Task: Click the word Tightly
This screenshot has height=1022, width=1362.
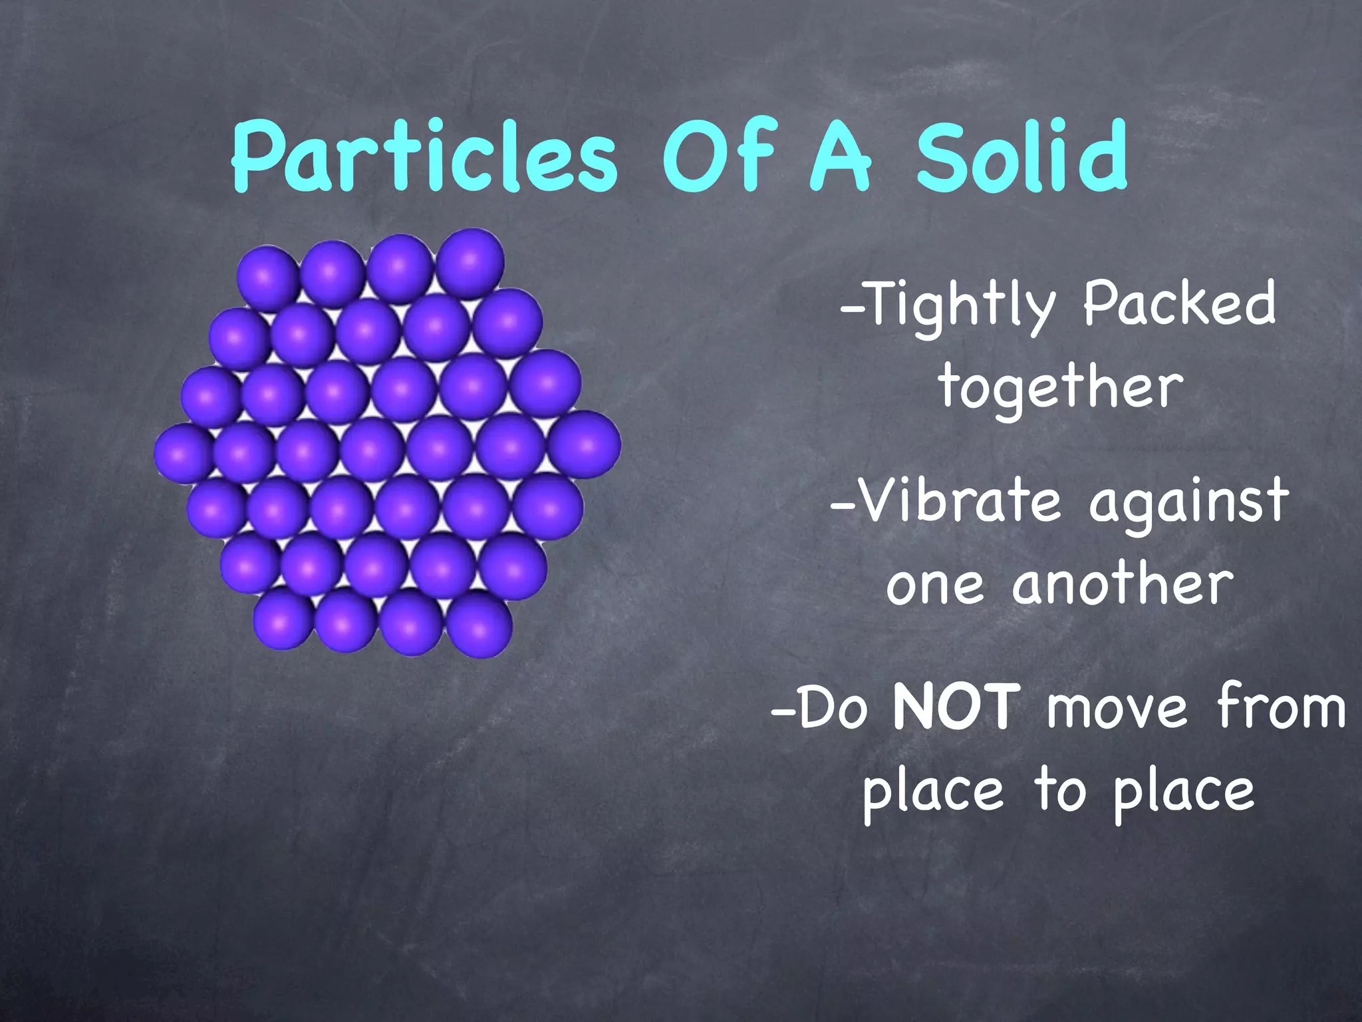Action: pos(948,306)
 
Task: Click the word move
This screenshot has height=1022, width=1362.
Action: pos(1117,708)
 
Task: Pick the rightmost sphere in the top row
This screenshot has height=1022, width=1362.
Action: pos(471,263)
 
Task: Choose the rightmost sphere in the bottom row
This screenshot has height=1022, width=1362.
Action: pos(479,625)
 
